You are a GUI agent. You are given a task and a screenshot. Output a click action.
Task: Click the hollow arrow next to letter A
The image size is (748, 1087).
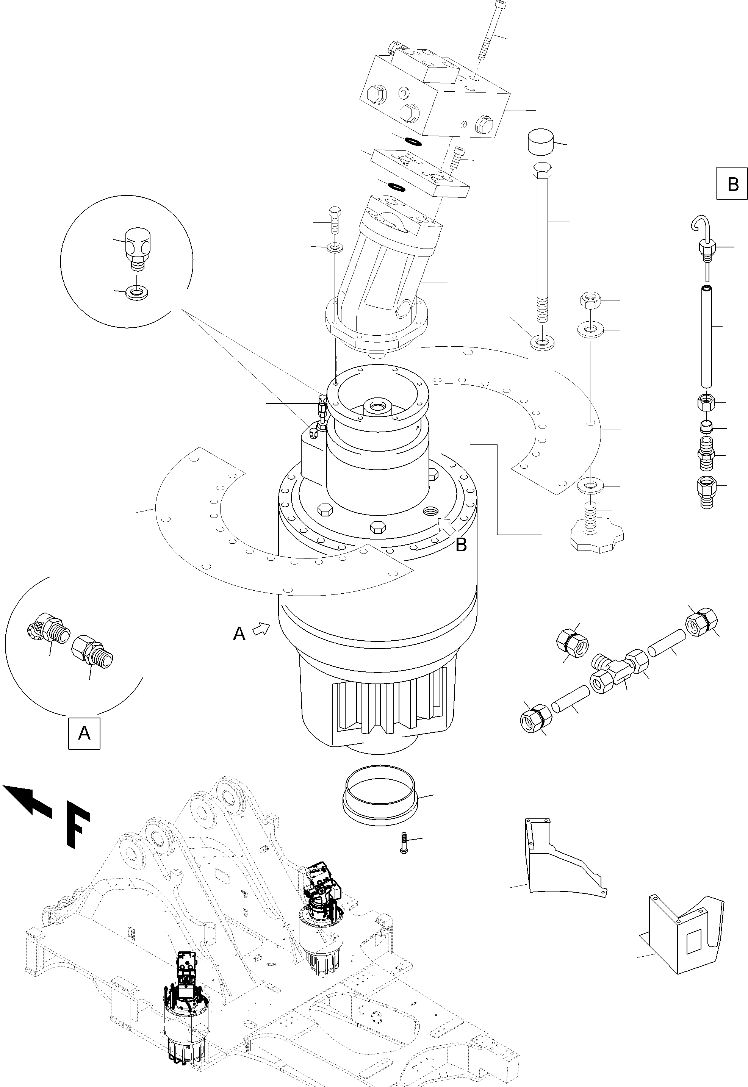click(x=261, y=629)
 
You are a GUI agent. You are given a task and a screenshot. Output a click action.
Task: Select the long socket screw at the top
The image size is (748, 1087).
click(x=489, y=30)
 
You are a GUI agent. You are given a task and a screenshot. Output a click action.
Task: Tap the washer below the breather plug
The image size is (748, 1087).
click(x=137, y=294)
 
